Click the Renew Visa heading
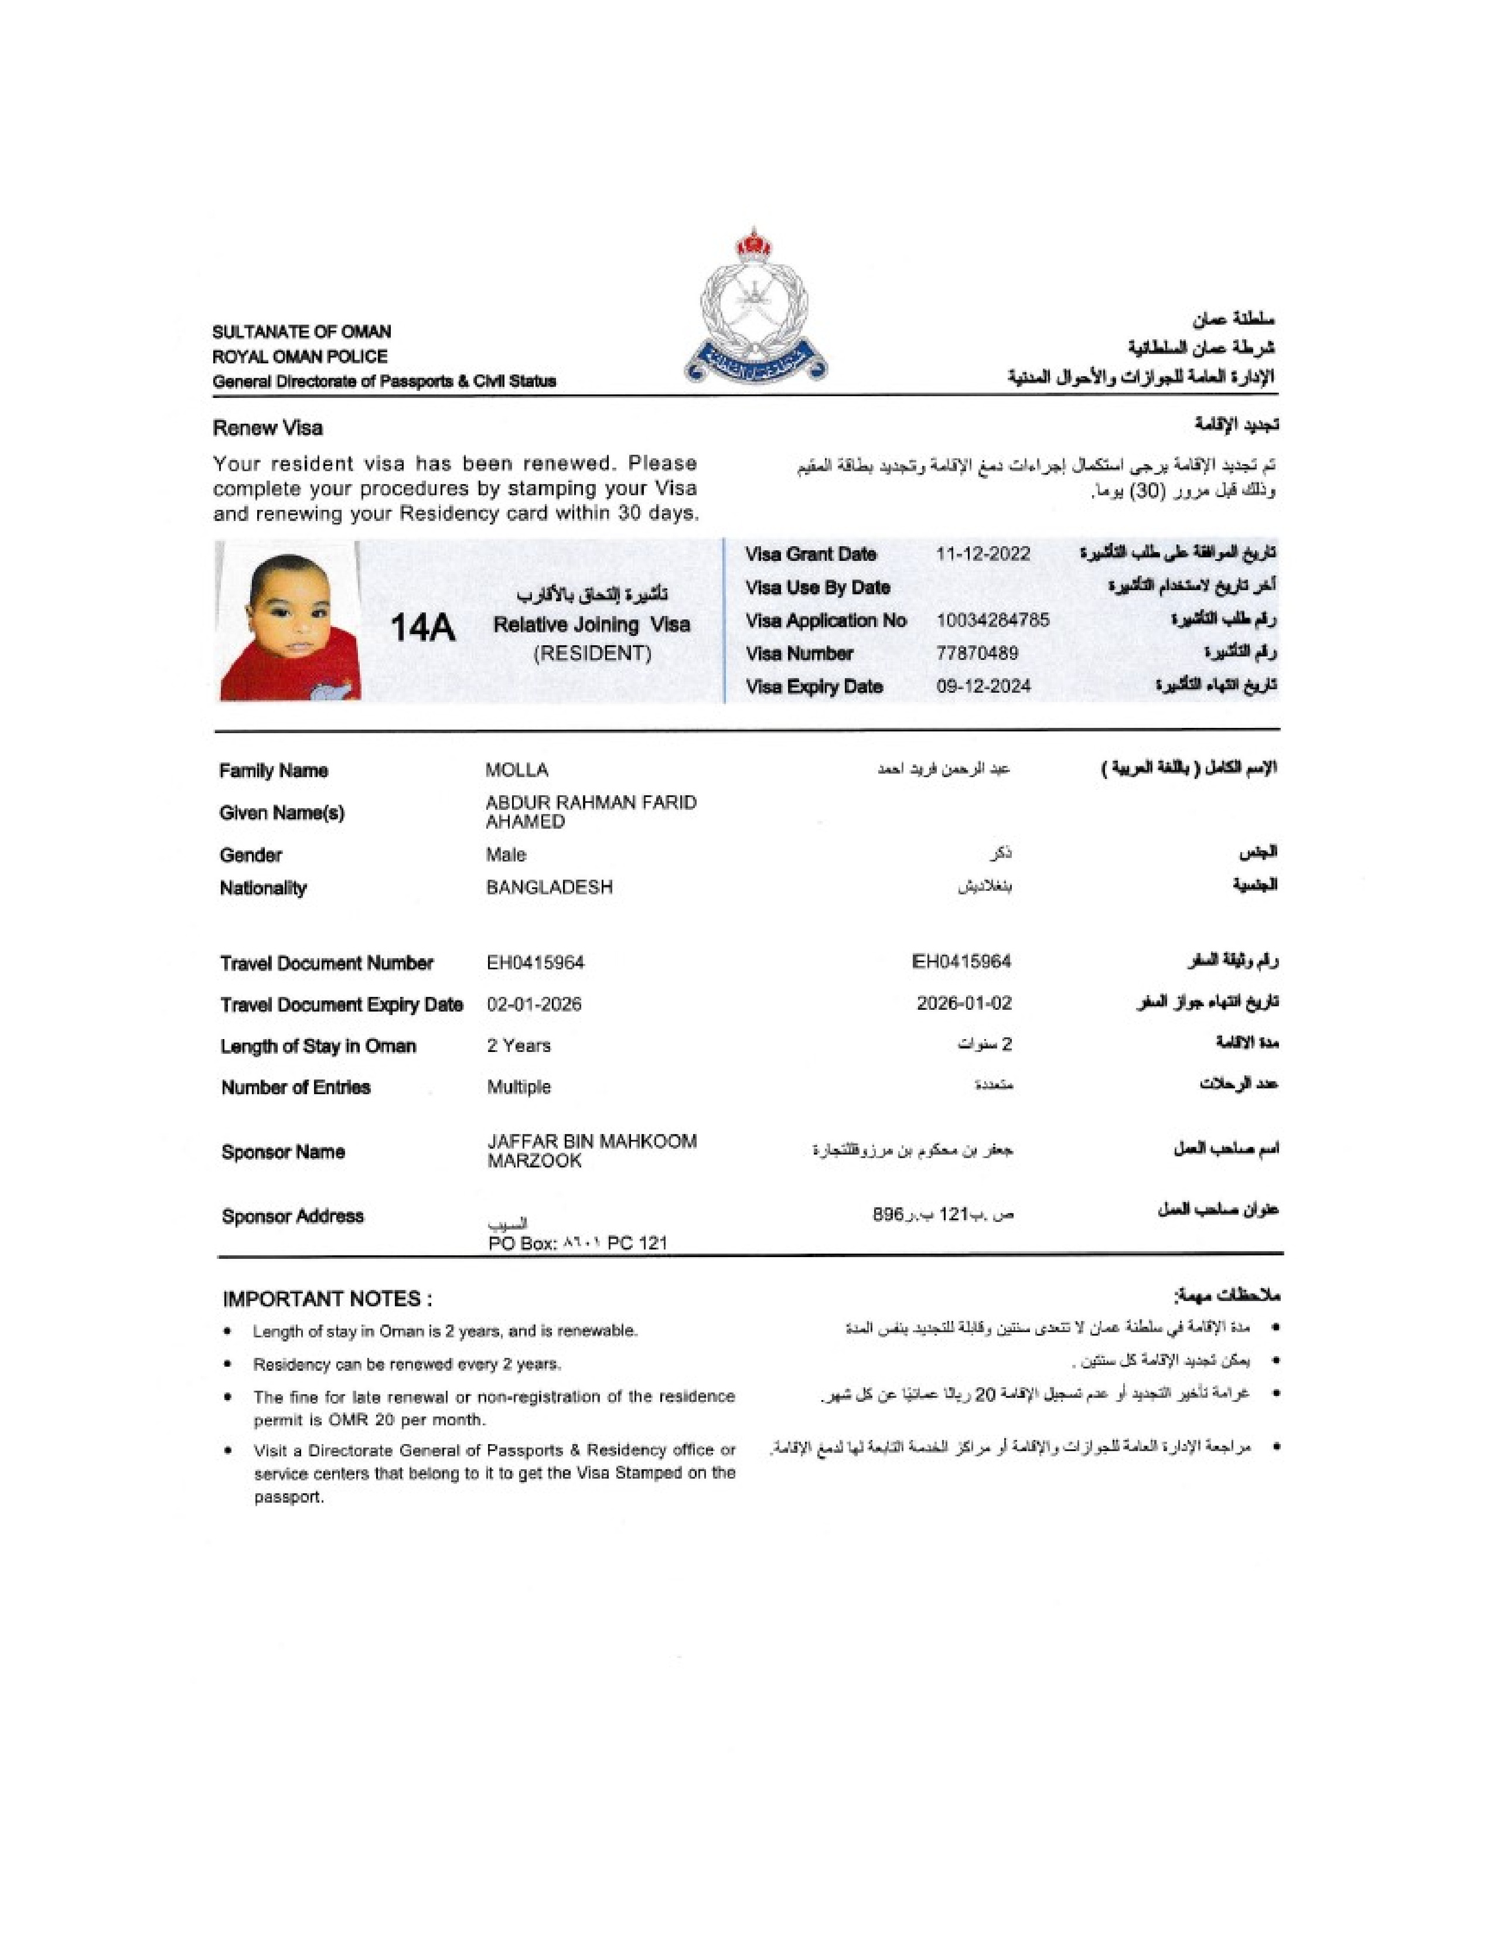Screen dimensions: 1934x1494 [267, 428]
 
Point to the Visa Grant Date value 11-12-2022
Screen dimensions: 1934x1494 [983, 554]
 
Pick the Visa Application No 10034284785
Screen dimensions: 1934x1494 [992, 620]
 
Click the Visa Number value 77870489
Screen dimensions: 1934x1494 [977, 653]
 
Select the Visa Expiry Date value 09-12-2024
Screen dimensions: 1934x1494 [983, 686]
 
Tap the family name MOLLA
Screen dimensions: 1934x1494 [517, 771]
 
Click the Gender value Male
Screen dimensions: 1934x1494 [506, 854]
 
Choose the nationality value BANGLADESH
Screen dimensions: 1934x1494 [549, 887]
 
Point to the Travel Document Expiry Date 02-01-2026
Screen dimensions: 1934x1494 [534, 1004]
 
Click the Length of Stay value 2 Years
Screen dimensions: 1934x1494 [518, 1046]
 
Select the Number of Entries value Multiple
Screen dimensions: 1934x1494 [518, 1087]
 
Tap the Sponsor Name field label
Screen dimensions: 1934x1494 [283, 1152]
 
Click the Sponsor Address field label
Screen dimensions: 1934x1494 [292, 1216]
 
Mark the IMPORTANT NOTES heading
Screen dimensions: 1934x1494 [328, 1299]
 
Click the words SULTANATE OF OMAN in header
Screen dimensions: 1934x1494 [301, 332]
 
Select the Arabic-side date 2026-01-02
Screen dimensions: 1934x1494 [964, 1003]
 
